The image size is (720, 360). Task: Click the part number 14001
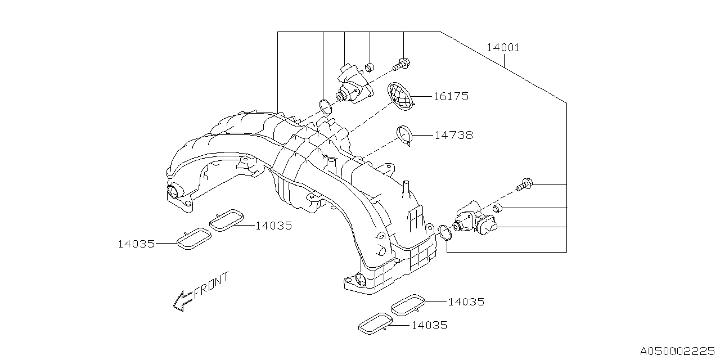[503, 48]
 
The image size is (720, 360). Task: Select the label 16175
[451, 97]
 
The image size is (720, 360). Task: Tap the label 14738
[453, 136]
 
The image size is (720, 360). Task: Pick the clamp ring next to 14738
[406, 135]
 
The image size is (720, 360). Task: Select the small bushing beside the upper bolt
[370, 68]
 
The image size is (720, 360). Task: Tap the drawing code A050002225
[678, 350]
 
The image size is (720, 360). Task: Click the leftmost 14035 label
[136, 244]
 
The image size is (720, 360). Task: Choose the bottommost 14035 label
[429, 325]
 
